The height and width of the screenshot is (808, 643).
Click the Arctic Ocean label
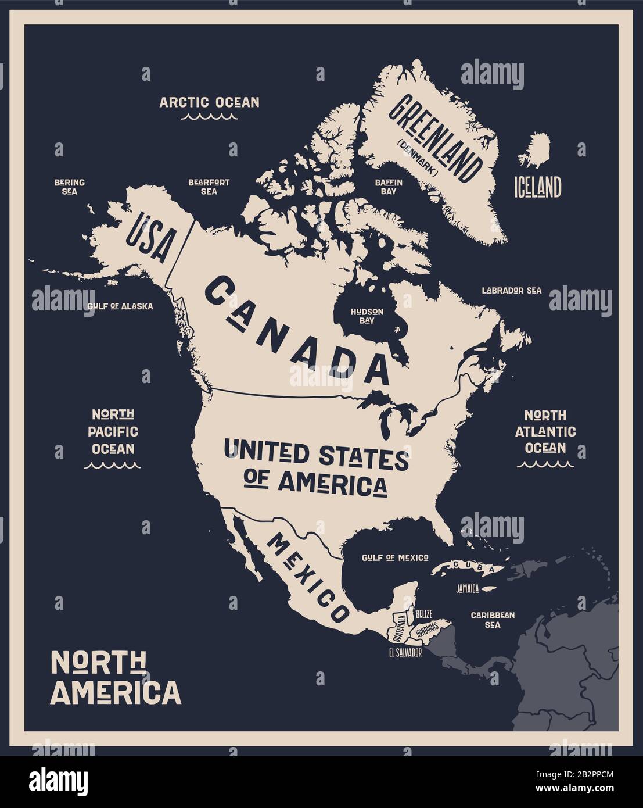209,102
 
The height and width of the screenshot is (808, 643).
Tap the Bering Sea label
69,187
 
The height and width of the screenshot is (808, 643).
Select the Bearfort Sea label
209,187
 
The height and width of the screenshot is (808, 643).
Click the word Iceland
537,187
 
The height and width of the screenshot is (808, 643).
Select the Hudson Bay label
367,315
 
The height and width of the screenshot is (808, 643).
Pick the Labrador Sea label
511,290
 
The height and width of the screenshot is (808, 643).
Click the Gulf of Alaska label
120,306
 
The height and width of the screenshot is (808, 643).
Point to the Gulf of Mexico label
395,557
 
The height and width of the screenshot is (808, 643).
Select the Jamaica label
467,589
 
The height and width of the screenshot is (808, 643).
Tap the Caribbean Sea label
493,620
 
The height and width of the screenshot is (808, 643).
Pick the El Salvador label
405,652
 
